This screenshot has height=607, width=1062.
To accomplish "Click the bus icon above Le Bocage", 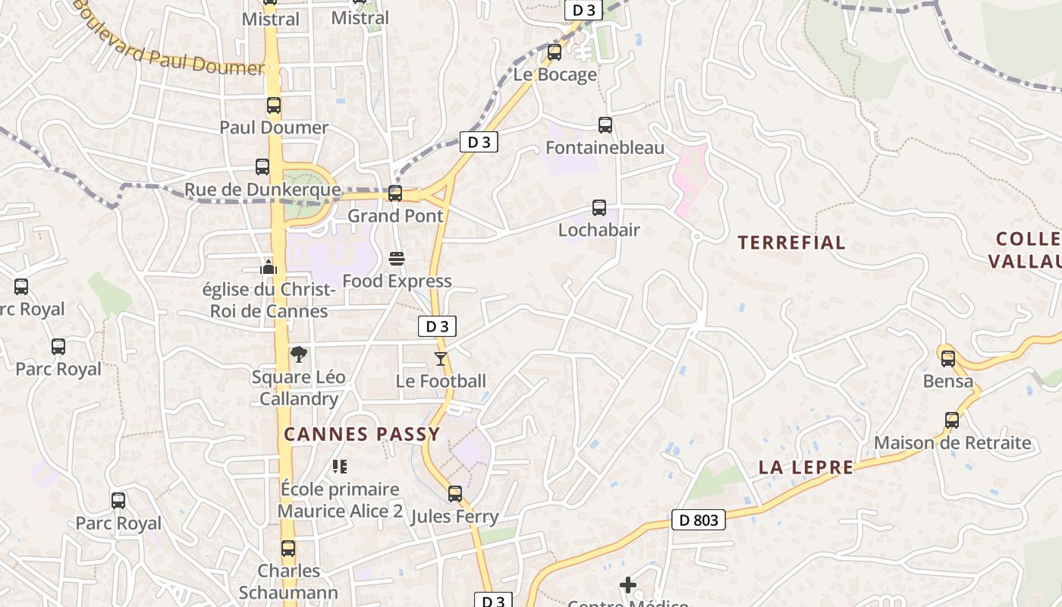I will pyautogui.click(x=555, y=52).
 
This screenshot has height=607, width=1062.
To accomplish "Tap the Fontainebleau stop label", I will pyautogui.click(x=605, y=147).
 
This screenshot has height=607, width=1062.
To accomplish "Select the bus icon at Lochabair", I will pyautogui.click(x=599, y=207).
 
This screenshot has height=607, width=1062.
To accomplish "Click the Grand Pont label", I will pyautogui.click(x=395, y=215).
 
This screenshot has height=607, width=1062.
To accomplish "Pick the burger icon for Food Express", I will pyautogui.click(x=396, y=259).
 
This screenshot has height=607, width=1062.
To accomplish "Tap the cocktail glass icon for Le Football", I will pyautogui.click(x=441, y=358).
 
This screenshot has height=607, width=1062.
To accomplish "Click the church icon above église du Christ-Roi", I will pyautogui.click(x=269, y=267).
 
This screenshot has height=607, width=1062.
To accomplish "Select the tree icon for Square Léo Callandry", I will pyautogui.click(x=299, y=354).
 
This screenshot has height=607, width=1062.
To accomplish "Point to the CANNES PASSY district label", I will pyautogui.click(x=362, y=434).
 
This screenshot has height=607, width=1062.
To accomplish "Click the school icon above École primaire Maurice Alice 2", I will pyautogui.click(x=339, y=466).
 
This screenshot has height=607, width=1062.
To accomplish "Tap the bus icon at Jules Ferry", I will pyautogui.click(x=455, y=494).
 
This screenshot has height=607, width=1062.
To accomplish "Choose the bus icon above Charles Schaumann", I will pyautogui.click(x=288, y=548).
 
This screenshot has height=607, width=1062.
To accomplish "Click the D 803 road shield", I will pyautogui.click(x=699, y=520).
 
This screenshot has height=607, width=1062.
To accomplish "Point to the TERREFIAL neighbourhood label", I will pyautogui.click(x=792, y=243).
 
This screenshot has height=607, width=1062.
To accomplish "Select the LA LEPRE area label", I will pyautogui.click(x=806, y=467).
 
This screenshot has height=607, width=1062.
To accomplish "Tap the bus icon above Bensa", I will pyautogui.click(x=948, y=359).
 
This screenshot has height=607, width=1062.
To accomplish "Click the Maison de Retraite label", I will pyautogui.click(x=953, y=442).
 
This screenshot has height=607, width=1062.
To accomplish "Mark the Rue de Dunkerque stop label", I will pyautogui.click(x=262, y=189).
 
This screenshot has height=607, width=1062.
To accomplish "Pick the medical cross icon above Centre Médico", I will pyautogui.click(x=628, y=585).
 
